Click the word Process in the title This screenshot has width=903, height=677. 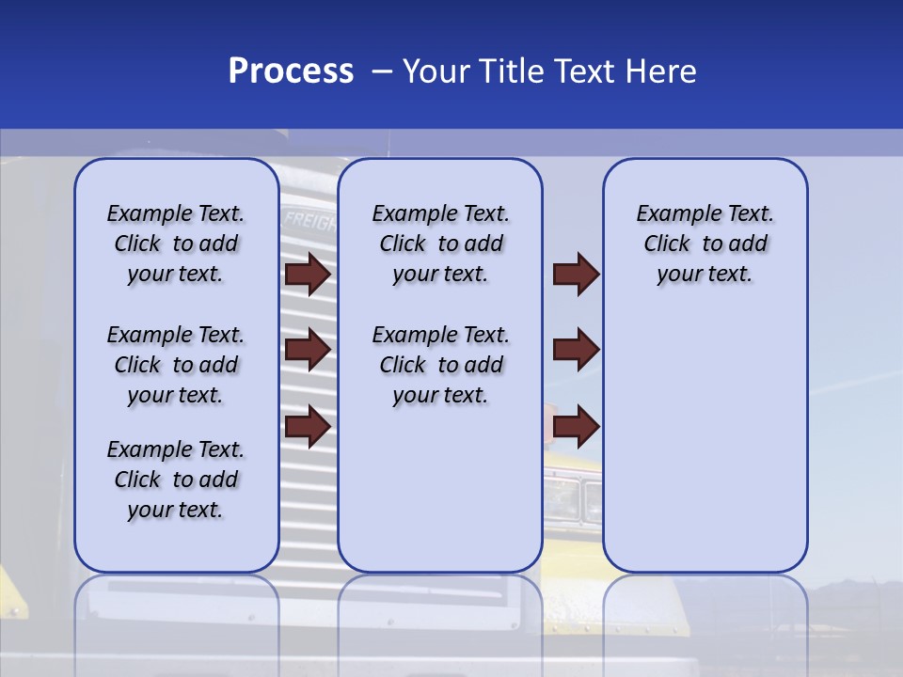(x=291, y=71)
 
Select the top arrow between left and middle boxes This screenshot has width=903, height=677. (x=307, y=275)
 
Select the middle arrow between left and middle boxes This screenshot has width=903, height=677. (x=307, y=351)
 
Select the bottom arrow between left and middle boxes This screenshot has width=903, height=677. (x=307, y=428)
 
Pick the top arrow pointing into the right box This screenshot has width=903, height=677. (x=576, y=275)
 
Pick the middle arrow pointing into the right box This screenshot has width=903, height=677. (x=576, y=351)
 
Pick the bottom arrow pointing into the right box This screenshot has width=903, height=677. (x=576, y=428)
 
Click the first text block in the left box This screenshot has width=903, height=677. (x=176, y=244)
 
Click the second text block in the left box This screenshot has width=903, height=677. (x=176, y=365)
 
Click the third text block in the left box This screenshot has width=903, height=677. (x=176, y=480)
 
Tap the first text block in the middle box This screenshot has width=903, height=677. (x=440, y=244)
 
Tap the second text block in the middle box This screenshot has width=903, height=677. (x=440, y=365)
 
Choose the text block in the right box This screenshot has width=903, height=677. (x=705, y=244)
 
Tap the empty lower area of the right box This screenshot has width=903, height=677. (x=705, y=442)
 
